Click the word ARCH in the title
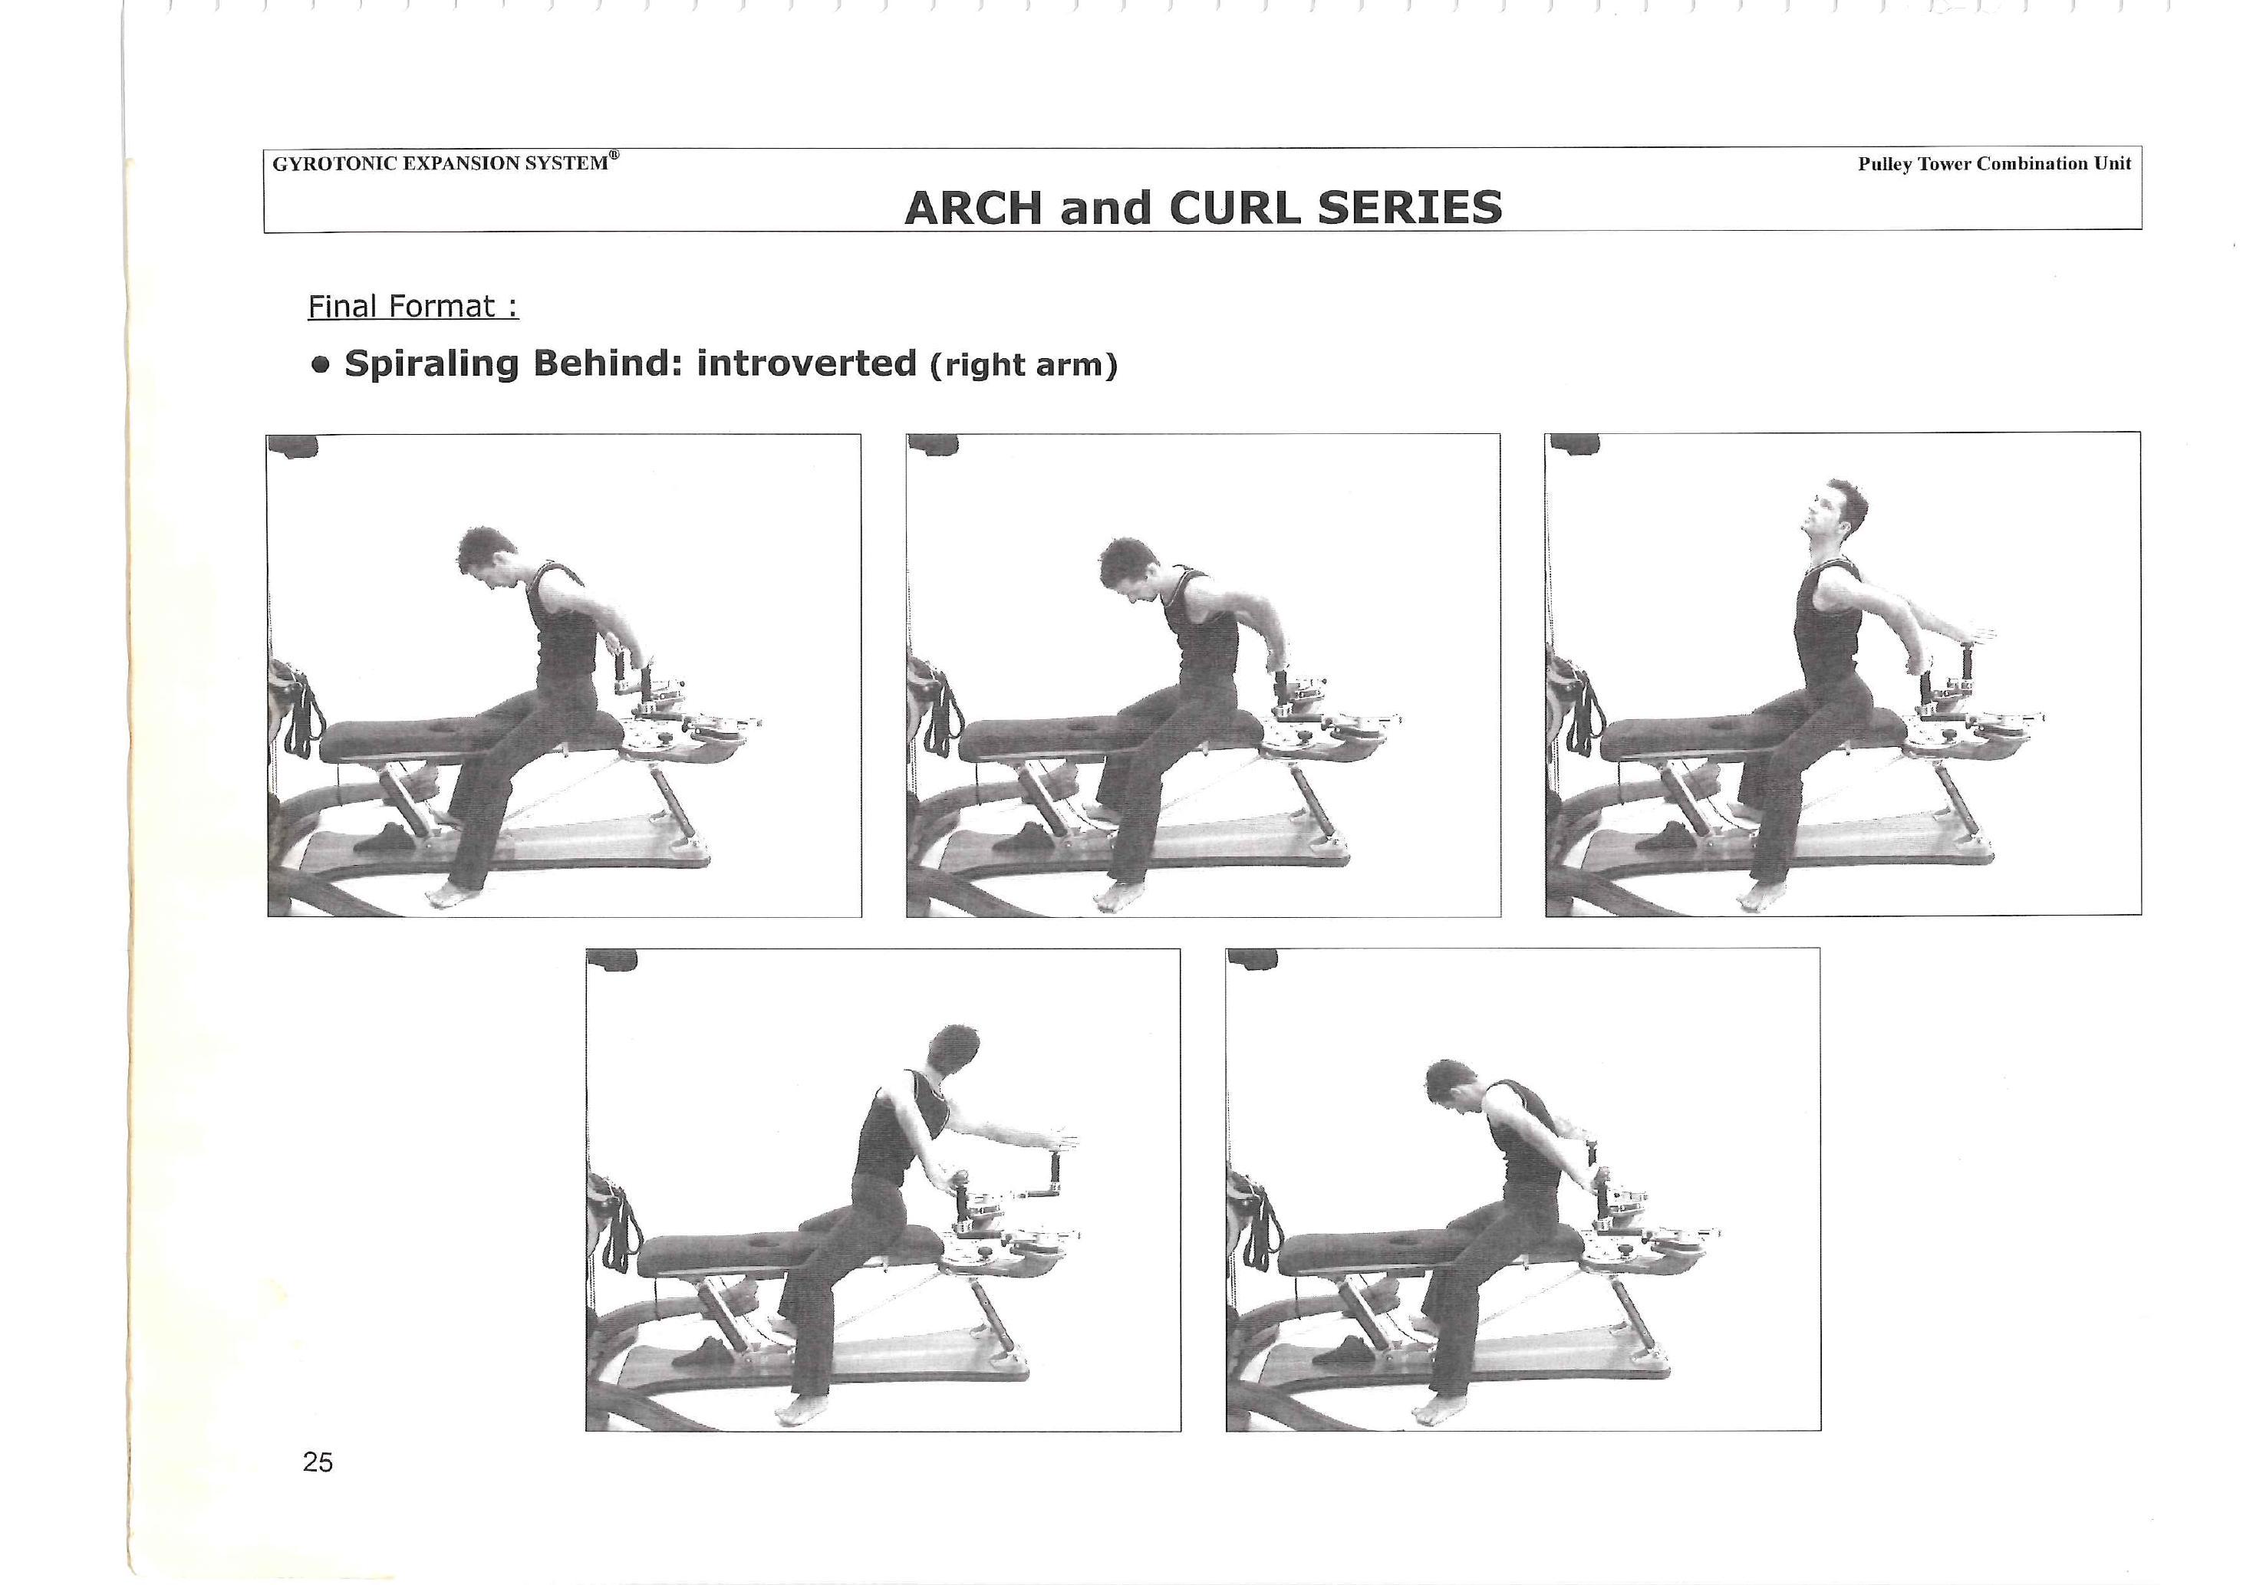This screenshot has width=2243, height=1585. [974, 208]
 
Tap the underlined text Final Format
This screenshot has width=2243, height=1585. [412, 307]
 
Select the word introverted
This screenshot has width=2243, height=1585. [806, 363]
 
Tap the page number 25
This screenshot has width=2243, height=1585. [318, 1462]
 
